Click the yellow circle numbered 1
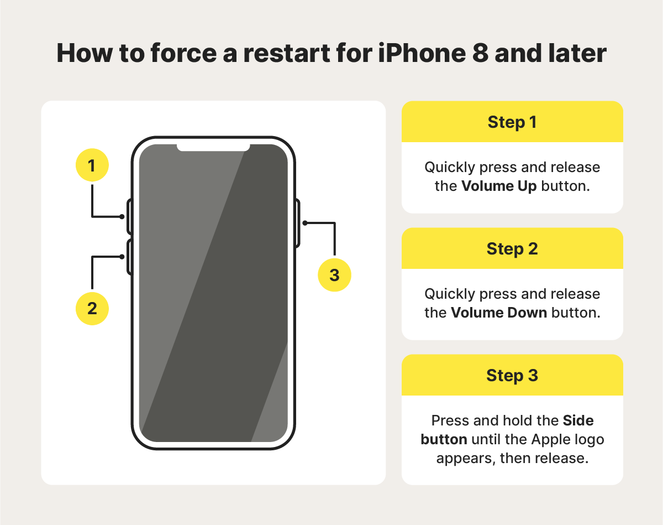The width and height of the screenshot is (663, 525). point(92,165)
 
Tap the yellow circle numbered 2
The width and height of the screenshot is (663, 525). point(92,308)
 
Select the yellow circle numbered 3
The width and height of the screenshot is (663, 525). point(334,275)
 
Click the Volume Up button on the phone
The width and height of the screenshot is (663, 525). point(129,216)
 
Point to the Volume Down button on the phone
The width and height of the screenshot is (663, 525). point(129,257)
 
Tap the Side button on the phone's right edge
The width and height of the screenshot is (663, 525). point(298,223)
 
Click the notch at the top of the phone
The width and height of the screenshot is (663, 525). point(213,147)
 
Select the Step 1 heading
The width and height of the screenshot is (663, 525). point(512,122)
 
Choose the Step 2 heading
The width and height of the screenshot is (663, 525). point(512,249)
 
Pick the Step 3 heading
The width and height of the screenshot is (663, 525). point(512,376)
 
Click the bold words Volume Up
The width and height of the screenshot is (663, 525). point(499,186)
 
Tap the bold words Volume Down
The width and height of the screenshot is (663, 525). point(498,313)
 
